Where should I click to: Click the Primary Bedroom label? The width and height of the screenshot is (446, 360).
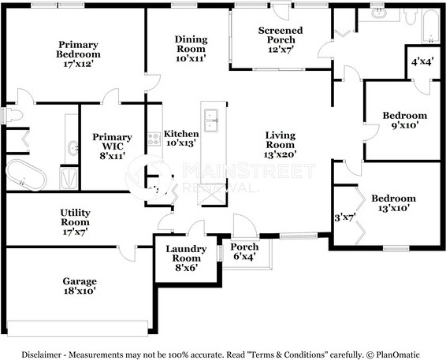click(78, 50)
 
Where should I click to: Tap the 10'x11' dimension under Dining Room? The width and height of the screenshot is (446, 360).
click(191, 58)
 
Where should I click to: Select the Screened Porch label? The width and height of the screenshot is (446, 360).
click(281, 35)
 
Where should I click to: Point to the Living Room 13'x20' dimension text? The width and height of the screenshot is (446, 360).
click(281, 154)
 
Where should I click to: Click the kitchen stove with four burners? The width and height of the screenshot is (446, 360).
click(154, 139)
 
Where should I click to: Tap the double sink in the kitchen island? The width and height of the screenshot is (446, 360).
click(211, 121)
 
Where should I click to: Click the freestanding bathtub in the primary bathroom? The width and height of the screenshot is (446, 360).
click(26, 175)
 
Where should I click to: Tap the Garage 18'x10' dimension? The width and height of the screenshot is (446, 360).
click(80, 291)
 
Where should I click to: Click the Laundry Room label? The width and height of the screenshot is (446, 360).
click(186, 254)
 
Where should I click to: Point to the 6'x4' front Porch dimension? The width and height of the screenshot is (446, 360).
click(244, 256)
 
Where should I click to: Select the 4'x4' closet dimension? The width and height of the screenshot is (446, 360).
click(422, 61)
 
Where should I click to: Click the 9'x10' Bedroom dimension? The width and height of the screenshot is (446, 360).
click(405, 125)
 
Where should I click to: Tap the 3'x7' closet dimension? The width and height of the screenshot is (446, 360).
click(345, 218)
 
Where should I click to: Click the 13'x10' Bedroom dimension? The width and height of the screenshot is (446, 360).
click(394, 208)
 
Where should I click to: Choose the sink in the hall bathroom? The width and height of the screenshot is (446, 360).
click(379, 13)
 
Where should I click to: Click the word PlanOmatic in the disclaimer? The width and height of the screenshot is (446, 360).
click(398, 355)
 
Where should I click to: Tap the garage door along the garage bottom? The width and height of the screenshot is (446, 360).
click(78, 328)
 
